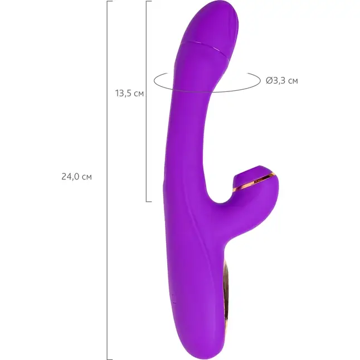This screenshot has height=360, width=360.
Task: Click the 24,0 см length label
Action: [77, 177]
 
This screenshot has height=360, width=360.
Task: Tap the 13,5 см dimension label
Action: [129, 93]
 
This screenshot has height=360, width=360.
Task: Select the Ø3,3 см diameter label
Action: [282, 81]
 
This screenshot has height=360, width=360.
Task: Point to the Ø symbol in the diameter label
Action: [269, 81]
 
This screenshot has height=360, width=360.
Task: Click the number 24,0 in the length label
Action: [71, 177]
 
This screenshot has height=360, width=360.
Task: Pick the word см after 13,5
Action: [139, 94]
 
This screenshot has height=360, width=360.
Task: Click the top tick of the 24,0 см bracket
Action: [110, 1]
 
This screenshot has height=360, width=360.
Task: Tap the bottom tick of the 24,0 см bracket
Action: [110, 359]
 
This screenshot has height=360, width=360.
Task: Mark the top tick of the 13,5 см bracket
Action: [149, 1]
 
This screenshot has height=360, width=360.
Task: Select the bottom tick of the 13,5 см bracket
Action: [149, 202]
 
